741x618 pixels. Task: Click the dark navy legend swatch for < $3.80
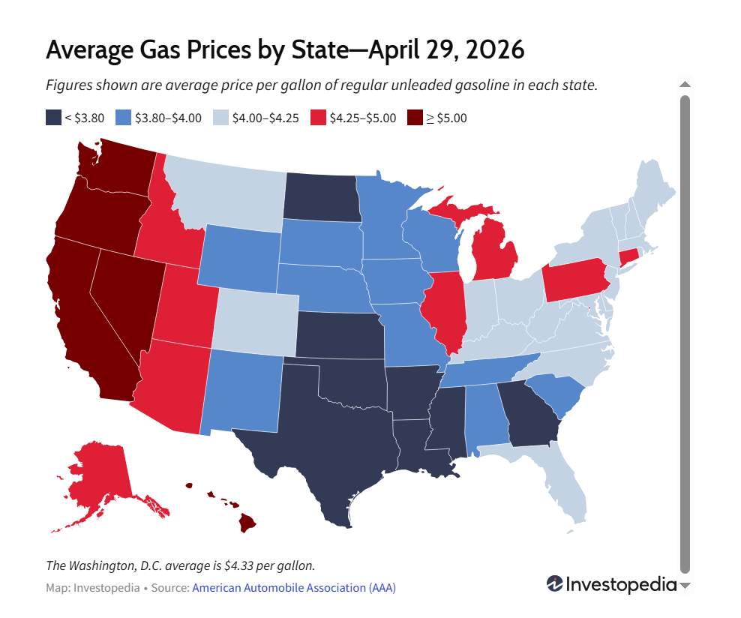pos(53,118)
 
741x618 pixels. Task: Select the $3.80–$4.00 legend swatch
pos(123,118)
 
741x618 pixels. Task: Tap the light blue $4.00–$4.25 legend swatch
pos(220,118)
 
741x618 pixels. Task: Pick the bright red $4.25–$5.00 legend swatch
pos(319,118)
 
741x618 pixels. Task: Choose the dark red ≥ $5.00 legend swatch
pos(415,118)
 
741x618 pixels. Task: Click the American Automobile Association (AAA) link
pos(294,588)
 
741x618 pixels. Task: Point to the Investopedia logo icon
pos(555,584)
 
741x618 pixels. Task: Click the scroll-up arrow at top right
pos(685,85)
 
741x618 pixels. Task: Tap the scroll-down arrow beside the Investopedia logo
pos(685,586)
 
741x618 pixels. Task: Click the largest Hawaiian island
pos(247,523)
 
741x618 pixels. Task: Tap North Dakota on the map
pos(322,197)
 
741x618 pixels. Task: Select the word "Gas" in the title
pos(160,49)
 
